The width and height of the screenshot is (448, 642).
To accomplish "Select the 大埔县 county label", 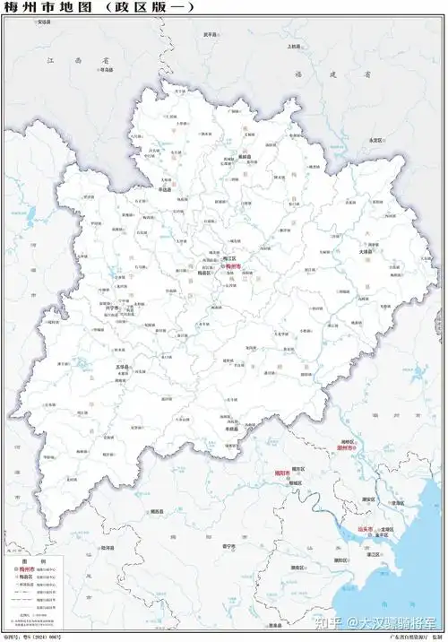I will pos(365,252).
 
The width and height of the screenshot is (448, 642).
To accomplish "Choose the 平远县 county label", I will pos(165,190).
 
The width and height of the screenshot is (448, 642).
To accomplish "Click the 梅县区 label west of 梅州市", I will pos(203,273).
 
